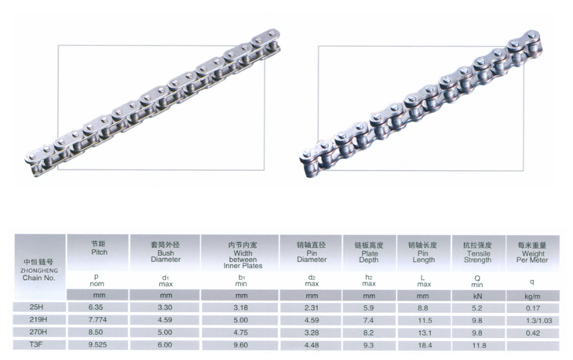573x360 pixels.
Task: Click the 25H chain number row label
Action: coord(36,307)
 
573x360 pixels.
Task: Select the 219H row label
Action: coord(38,319)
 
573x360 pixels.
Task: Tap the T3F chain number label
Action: coord(36,344)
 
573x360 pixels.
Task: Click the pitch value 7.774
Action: coord(97,320)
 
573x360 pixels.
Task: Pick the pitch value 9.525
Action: coord(97,344)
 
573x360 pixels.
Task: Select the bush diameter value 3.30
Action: coord(165,307)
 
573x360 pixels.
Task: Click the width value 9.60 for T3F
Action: coord(240,344)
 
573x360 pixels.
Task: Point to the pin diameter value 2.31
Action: coord(312,307)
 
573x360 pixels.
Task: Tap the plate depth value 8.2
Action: coord(368,333)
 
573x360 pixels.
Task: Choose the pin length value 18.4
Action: coord(425,345)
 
